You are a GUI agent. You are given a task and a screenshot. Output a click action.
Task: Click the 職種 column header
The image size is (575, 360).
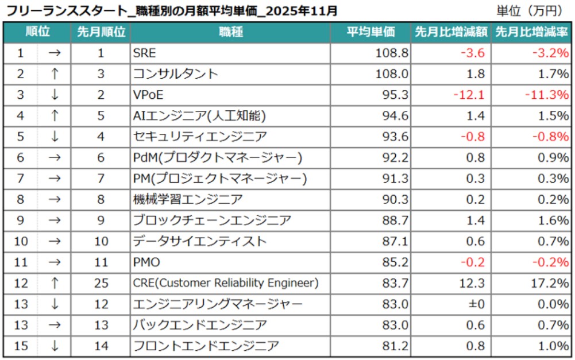(x=230, y=33)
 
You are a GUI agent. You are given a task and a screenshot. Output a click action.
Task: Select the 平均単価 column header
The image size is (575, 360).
(x=371, y=33)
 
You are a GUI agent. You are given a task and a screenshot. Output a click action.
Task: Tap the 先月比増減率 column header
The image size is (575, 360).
(x=531, y=33)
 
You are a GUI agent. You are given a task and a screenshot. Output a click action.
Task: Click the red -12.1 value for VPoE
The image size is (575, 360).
(x=469, y=95)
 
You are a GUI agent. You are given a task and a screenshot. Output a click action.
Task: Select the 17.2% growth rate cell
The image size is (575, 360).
(x=551, y=283)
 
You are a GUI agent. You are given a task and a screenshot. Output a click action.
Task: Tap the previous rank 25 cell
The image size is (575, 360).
(x=101, y=283)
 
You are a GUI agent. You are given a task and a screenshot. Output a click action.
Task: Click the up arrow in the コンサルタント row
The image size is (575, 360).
(x=54, y=75)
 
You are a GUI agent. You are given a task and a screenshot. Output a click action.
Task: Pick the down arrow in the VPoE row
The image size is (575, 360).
(x=54, y=95)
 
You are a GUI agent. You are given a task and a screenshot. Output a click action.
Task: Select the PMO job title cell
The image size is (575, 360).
(x=146, y=262)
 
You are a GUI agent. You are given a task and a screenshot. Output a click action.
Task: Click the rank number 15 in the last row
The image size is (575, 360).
(x=21, y=346)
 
